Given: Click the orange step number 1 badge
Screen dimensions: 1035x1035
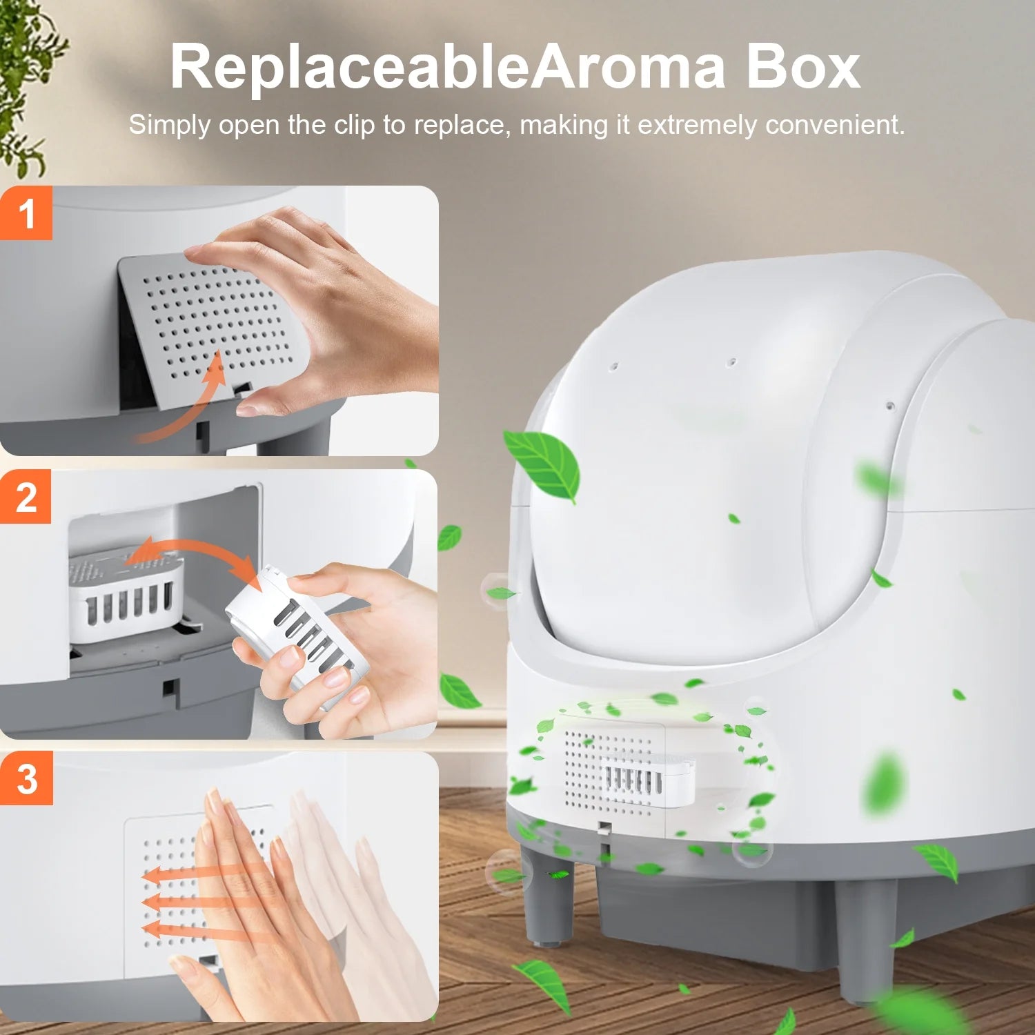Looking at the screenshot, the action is (26, 213).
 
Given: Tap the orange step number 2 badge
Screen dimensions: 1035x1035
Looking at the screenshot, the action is (26, 497).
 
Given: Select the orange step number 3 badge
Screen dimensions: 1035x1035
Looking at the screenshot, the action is (26, 778).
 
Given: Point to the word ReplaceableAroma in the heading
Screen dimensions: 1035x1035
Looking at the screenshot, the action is (448, 68).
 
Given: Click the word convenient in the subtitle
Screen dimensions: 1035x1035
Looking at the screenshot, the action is (835, 125).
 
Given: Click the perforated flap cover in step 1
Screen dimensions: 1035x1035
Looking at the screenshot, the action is (207, 324).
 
